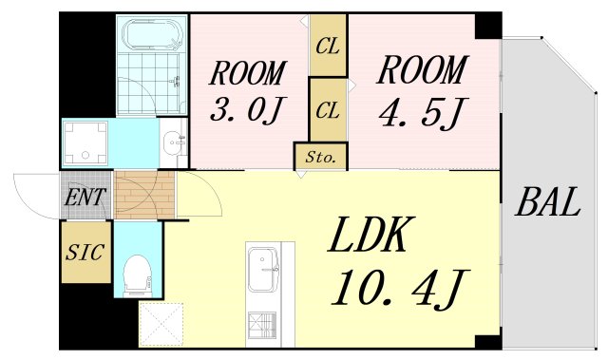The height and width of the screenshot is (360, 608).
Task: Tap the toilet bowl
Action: click(139, 274)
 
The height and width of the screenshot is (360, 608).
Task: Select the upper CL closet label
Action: click(329, 46)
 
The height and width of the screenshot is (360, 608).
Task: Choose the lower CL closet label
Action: click(328, 110)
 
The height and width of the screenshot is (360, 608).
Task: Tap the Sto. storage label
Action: click(321, 156)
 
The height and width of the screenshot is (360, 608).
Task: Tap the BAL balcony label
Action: click(549, 202)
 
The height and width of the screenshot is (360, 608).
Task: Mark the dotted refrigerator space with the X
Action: click(161, 324)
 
